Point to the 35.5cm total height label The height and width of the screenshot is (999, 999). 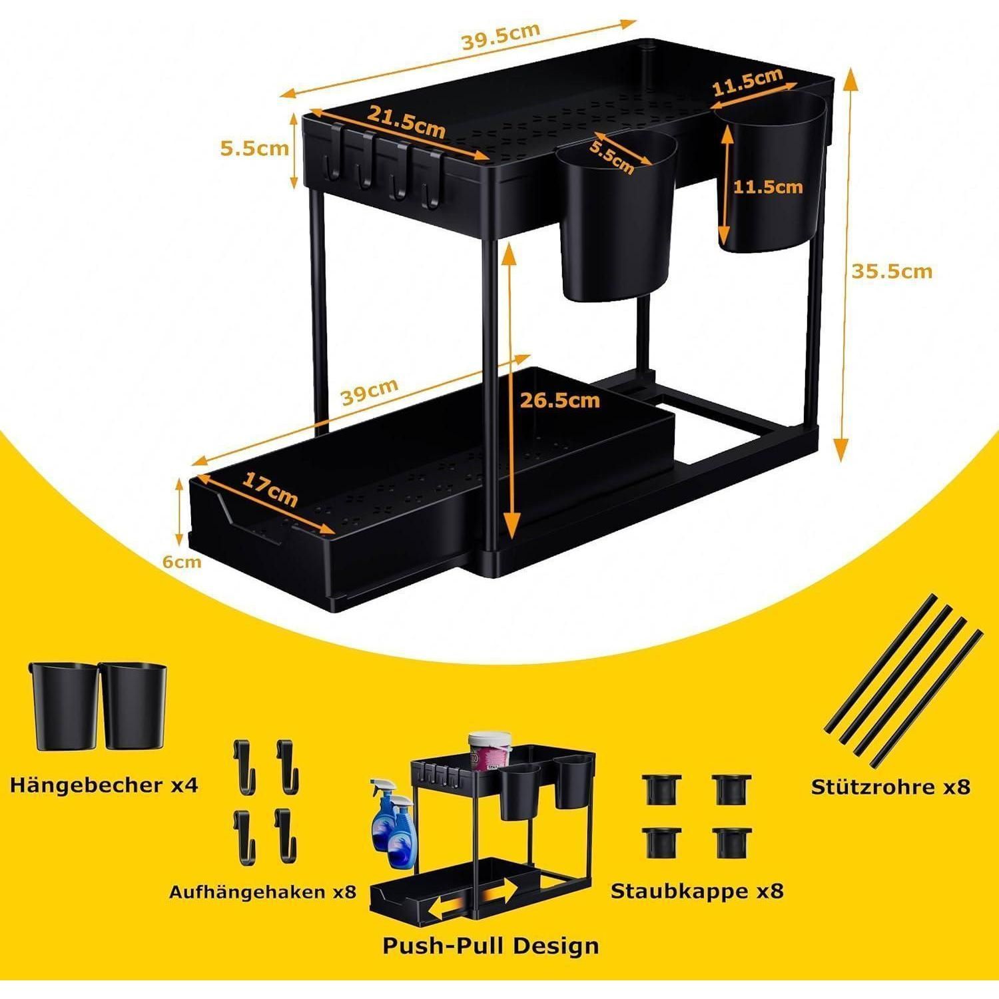(892, 271)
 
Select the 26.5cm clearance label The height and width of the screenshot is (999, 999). (559, 400)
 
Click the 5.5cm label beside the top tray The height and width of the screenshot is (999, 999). (256, 148)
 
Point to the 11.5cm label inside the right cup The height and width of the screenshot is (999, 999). (768, 187)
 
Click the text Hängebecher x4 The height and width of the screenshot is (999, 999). (104, 785)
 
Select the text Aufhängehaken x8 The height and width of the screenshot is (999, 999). (263, 891)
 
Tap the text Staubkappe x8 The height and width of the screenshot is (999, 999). (697, 890)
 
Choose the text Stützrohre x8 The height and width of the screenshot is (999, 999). (890, 787)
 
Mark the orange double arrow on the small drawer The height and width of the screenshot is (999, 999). (473, 900)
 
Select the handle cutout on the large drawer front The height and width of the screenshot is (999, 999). (264, 534)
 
